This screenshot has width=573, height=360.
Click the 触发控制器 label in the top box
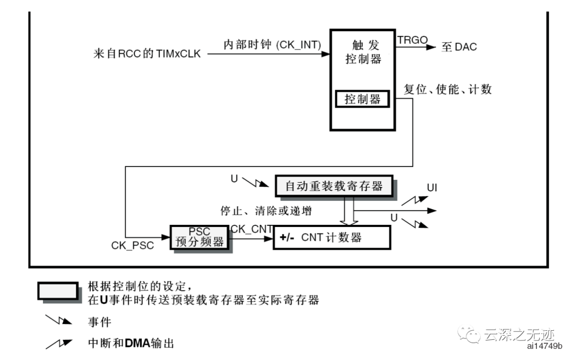pos(363,51)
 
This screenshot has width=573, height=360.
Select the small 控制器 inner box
pos(363,99)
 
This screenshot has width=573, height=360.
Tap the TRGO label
pos(412,40)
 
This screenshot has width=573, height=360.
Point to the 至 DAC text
pos(459,47)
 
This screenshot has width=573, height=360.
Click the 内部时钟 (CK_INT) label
pos(272,45)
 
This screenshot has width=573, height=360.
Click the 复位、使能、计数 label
pos(448,89)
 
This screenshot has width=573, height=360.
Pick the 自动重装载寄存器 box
pos(334,186)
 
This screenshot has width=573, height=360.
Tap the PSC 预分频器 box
pos(199,237)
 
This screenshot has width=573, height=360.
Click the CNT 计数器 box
pos(332,238)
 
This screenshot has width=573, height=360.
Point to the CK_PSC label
pos(133,246)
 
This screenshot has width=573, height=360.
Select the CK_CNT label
pos(252,229)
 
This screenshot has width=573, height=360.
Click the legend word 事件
pos(100,322)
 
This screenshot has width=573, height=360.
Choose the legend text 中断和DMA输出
pos(131,343)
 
